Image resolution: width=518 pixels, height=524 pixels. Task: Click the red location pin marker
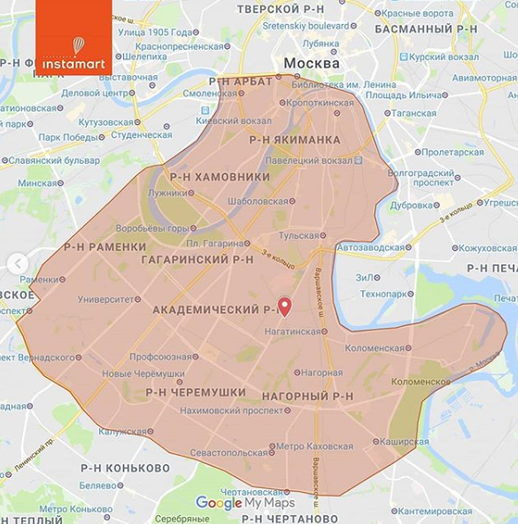(284, 306)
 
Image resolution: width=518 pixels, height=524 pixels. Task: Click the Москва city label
(311, 64)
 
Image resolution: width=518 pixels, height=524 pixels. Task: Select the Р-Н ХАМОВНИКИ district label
(220, 177)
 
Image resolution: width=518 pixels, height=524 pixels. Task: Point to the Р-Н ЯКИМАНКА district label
(294, 140)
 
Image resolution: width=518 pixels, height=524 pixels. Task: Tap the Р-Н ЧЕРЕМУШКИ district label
(195, 391)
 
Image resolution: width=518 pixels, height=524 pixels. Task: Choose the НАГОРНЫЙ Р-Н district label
(307, 396)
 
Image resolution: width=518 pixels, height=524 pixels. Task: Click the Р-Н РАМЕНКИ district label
(104, 247)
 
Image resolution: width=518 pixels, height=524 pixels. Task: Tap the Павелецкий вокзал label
(312, 161)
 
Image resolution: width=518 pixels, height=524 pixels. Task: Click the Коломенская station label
(378, 348)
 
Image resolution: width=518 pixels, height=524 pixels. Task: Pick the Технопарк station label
(387, 293)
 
